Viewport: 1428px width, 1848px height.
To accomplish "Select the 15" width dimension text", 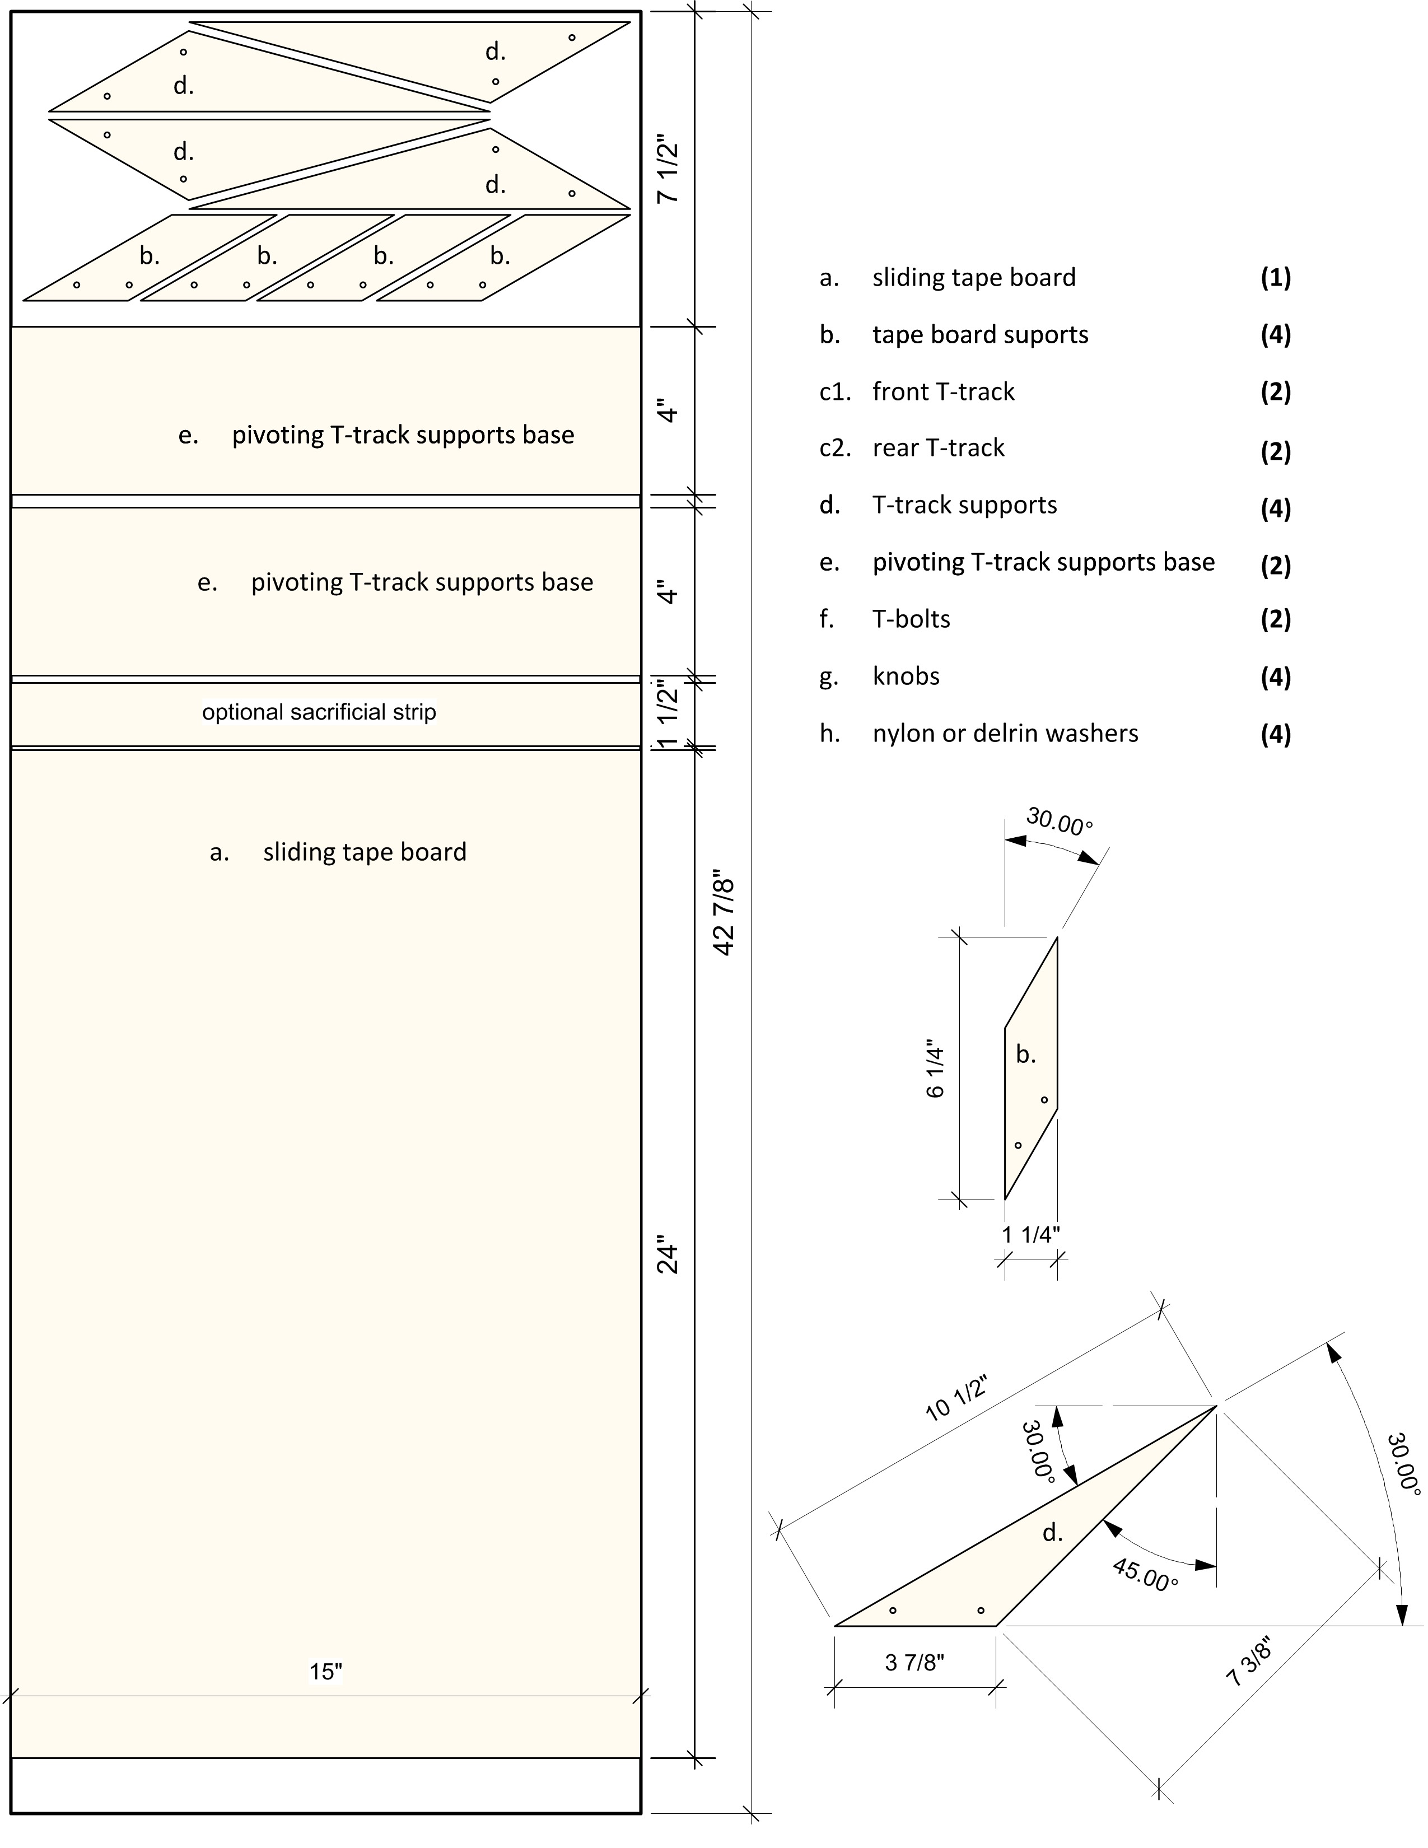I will click(326, 1671).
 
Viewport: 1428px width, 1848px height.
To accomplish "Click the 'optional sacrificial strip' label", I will click(319, 712).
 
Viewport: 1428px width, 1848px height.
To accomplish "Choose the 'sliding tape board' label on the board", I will click(364, 852).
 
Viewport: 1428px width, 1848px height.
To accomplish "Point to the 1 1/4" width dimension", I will click(1030, 1235).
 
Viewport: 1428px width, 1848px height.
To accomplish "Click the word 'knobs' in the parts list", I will click(906, 676).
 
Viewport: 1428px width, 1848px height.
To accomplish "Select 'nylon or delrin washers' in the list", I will click(1005, 734).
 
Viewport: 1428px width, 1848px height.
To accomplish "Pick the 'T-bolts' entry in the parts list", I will click(911, 619).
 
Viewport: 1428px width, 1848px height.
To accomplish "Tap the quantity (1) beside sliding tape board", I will click(1275, 278).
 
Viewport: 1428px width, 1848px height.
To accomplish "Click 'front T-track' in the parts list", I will click(943, 392).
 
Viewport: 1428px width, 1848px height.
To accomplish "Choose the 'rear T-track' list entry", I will click(938, 449).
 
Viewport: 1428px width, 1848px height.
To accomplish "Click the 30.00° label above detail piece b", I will click(1058, 821).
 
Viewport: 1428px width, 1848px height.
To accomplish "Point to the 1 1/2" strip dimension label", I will click(668, 712).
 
